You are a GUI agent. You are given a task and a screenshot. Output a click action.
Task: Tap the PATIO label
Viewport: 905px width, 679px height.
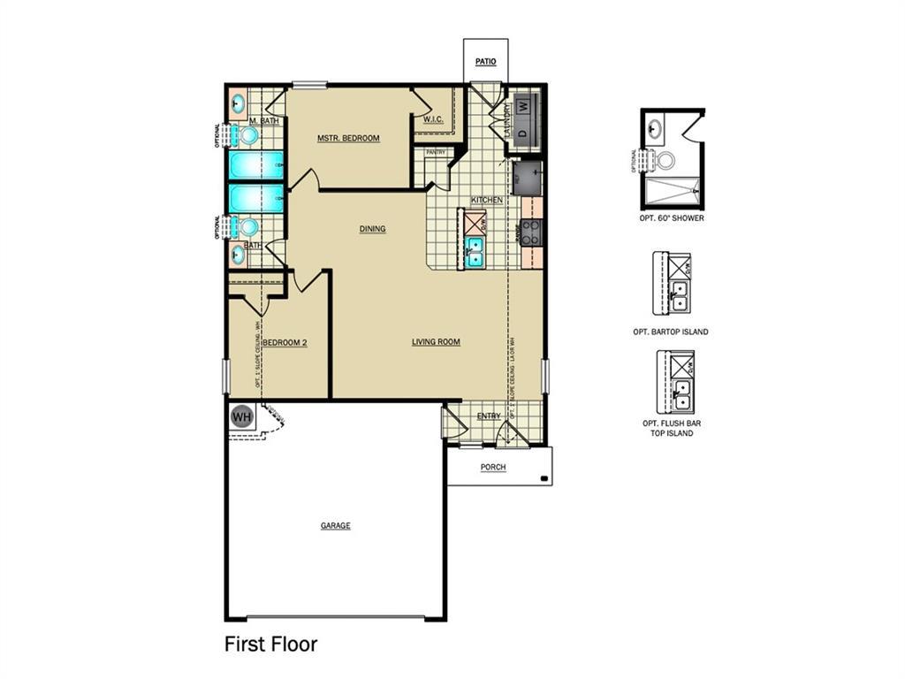485,62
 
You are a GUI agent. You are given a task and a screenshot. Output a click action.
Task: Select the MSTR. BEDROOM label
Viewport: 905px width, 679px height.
348,138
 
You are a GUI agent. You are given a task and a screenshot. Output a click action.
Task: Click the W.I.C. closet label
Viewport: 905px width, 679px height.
433,119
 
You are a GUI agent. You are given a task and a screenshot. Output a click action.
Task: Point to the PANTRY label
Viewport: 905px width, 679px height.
436,152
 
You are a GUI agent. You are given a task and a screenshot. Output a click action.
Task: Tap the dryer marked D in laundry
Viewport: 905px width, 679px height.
523,130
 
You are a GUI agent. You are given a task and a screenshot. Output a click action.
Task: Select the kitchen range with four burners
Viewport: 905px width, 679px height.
531,232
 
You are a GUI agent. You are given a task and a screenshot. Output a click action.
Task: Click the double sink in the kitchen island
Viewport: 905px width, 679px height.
475,252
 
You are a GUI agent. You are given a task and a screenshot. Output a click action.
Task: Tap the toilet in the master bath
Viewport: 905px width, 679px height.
247,135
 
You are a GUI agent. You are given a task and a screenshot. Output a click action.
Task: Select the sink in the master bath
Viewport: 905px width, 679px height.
238,103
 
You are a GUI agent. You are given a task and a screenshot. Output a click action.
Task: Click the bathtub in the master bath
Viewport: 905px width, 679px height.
256,164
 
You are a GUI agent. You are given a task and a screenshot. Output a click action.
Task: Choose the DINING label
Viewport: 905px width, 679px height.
372,229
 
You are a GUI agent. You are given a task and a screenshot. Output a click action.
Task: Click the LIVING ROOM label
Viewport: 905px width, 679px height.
436,342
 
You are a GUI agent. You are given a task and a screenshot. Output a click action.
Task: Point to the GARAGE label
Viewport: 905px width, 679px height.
335,526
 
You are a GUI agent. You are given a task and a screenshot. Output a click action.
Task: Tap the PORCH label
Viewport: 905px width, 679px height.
493,467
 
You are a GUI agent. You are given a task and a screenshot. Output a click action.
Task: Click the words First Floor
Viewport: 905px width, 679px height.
270,644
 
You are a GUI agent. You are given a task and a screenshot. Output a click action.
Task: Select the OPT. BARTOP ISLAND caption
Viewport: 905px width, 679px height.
671,332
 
